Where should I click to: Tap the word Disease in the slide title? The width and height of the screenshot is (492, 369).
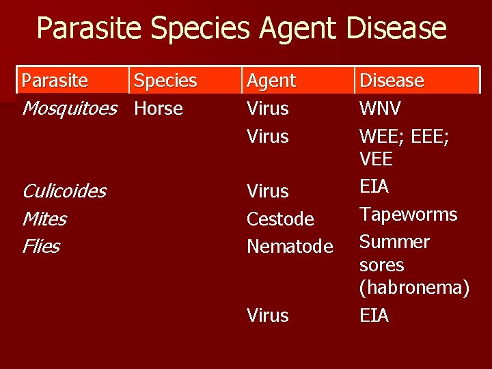(x=396, y=29)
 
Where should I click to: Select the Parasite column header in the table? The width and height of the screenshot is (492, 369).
(x=55, y=81)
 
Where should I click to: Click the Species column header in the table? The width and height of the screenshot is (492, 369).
(x=165, y=81)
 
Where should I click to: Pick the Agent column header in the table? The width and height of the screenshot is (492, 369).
(x=271, y=81)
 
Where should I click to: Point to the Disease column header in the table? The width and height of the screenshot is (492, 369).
(x=392, y=81)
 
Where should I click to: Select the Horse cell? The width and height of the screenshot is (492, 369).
(x=159, y=108)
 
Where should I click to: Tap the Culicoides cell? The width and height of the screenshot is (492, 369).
(x=64, y=191)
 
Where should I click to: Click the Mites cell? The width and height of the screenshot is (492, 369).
(x=44, y=219)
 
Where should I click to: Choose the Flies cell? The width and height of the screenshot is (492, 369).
(x=41, y=246)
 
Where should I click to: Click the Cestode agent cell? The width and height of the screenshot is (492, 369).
(x=280, y=219)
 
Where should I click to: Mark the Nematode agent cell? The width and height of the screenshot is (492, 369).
(x=290, y=246)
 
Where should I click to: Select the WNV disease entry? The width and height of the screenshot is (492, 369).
(x=380, y=108)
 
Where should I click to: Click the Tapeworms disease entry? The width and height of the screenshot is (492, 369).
(x=409, y=214)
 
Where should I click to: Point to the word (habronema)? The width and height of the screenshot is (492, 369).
(x=414, y=288)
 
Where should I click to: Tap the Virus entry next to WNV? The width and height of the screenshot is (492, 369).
(x=267, y=108)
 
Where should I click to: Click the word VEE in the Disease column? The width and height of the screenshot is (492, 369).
(x=376, y=159)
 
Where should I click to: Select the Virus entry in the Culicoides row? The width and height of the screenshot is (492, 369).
(x=267, y=191)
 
